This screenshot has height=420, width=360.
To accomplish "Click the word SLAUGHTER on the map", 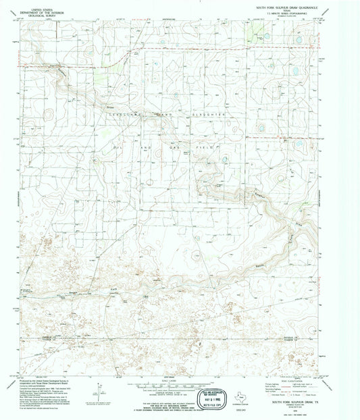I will coord(209,115).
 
